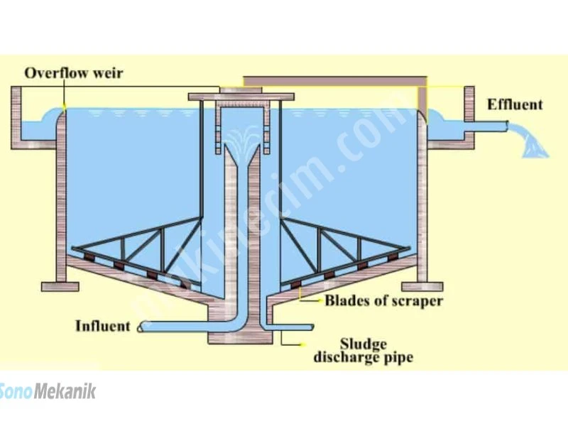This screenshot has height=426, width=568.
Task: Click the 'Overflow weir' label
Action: pyautogui.click(x=74, y=73)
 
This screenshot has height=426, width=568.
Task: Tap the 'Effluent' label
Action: pyautogui.click(x=515, y=104)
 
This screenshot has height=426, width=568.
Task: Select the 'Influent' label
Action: pyautogui.click(x=102, y=326)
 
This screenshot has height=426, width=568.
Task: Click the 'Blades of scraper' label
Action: pyautogui.click(x=383, y=300)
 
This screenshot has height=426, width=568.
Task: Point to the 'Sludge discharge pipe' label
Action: pyautogui.click(x=364, y=351)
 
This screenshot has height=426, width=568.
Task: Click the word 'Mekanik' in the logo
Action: pyautogui.click(x=65, y=392)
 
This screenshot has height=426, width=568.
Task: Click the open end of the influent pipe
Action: pyautogui.click(x=140, y=327)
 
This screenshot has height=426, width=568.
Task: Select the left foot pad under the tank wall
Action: pyautogui.click(x=60, y=287)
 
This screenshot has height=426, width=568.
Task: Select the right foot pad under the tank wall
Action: pyautogui.click(x=422, y=287)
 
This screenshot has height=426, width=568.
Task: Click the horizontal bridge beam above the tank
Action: pyautogui.click(x=335, y=81)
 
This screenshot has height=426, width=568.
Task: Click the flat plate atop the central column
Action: pyautogui.click(x=241, y=97)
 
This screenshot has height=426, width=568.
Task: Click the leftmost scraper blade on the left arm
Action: pyautogui.click(x=89, y=258)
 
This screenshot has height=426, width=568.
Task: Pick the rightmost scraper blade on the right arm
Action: pyautogui.click(x=393, y=257)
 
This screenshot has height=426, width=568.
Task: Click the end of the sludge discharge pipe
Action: pyautogui.click(x=312, y=327)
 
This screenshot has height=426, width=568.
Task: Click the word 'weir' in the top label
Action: pyautogui.click(x=108, y=73)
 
